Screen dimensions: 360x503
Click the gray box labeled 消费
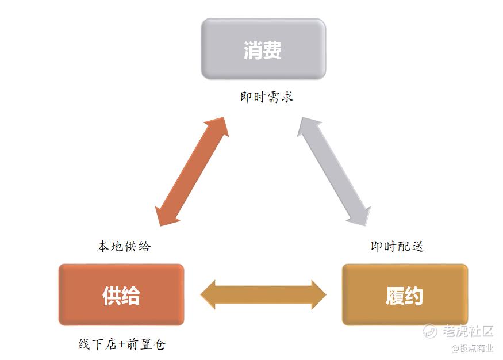[263, 49]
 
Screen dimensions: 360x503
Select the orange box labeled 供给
[121, 295]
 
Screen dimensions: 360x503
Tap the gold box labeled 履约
[404, 295]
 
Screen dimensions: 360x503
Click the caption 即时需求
[266, 97]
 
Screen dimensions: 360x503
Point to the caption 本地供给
[124, 246]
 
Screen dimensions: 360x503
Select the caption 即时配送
[397, 246]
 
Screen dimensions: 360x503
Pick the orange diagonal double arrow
[192, 171]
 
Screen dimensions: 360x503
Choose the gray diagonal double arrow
[334, 171]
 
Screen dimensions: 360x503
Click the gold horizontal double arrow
[263, 295]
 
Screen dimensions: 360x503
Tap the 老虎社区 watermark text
[468, 331]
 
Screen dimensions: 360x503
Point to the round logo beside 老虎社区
[430, 331]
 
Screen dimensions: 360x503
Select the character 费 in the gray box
[272, 50]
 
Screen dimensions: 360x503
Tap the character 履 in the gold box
[394, 296]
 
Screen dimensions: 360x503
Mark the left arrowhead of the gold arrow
[209, 295]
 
